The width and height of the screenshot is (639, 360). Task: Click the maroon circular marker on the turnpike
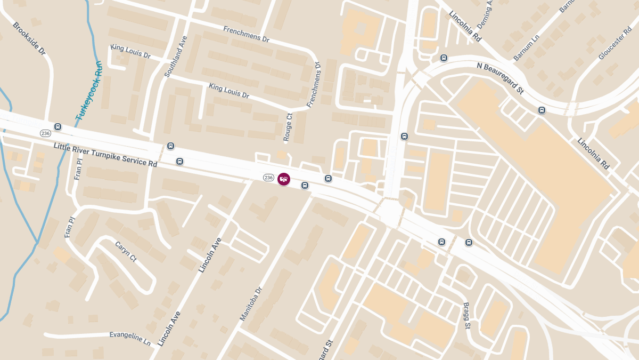pos(284,179)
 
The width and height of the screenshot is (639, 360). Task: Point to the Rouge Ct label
pos(288,127)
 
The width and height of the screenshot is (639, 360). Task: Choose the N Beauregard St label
pos(500,78)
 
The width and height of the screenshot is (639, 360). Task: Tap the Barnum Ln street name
pos(527,47)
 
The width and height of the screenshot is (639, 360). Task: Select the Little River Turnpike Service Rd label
pos(105,155)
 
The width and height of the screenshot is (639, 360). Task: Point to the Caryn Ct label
pos(126,251)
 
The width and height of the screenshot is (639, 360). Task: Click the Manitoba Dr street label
pos(251,304)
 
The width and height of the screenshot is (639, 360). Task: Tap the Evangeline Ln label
pos(130,337)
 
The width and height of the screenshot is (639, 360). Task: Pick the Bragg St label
pos(466,316)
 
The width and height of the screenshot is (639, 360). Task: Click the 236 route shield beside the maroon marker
pos(268,178)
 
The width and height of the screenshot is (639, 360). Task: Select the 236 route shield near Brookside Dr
pos(45,132)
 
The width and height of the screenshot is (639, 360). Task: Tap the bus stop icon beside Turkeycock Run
pos(58,127)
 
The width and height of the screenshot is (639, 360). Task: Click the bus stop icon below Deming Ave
pos(443,58)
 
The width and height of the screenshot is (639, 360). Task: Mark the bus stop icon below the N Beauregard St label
pos(542,110)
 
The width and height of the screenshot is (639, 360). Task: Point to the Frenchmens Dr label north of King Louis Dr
pos(247,35)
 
